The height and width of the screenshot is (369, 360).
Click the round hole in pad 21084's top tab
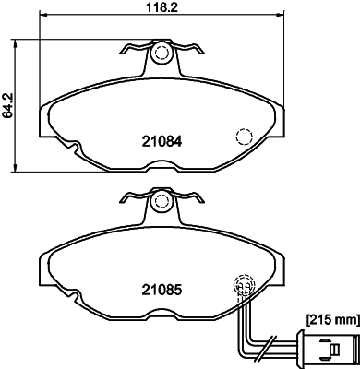[x=162, y=54]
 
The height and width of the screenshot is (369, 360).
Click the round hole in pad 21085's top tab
[x=162, y=199]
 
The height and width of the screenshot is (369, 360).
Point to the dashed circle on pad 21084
[x=246, y=137]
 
